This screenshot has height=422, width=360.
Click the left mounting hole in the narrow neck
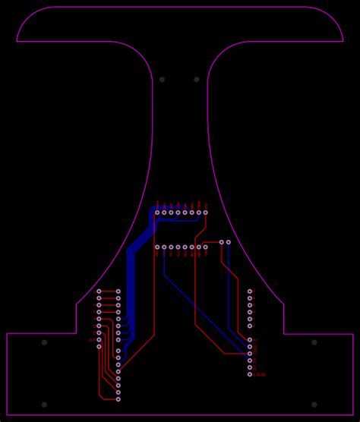pyautogui.click(x=162, y=79)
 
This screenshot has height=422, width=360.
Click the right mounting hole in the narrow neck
pyautogui.click(x=197, y=79)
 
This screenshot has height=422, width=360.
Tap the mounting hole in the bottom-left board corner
pyautogui.click(x=44, y=405)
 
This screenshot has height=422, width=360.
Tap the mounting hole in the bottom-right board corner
pyautogui.click(x=314, y=405)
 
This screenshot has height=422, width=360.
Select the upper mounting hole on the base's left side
pyautogui.click(x=44, y=342)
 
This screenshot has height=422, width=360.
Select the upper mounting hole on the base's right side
pyautogui.click(x=314, y=342)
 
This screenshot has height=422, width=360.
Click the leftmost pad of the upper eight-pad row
pyautogui.click(x=157, y=213)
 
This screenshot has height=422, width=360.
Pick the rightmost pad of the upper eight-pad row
pyautogui.click(x=205, y=213)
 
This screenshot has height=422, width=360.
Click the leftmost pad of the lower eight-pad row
pyautogui.click(x=157, y=247)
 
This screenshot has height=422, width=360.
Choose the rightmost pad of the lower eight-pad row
pyautogui.click(x=205, y=247)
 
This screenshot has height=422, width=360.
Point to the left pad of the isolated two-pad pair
pyautogui.click(x=222, y=242)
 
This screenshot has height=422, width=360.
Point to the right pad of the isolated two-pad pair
pyautogui.click(x=229, y=242)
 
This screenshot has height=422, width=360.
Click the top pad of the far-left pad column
pyautogui.click(x=99, y=291)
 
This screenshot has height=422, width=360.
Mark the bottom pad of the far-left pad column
pyautogui.click(x=99, y=347)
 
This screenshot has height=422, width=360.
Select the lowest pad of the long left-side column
pyautogui.click(x=118, y=398)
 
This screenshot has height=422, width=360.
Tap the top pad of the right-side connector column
pyautogui.click(x=250, y=291)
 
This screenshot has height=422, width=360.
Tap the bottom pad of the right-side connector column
pyautogui.click(x=250, y=374)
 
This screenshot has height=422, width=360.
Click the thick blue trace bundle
pyautogui.click(x=131, y=281)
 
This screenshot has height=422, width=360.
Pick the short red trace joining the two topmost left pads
pyautogui.click(x=109, y=291)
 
